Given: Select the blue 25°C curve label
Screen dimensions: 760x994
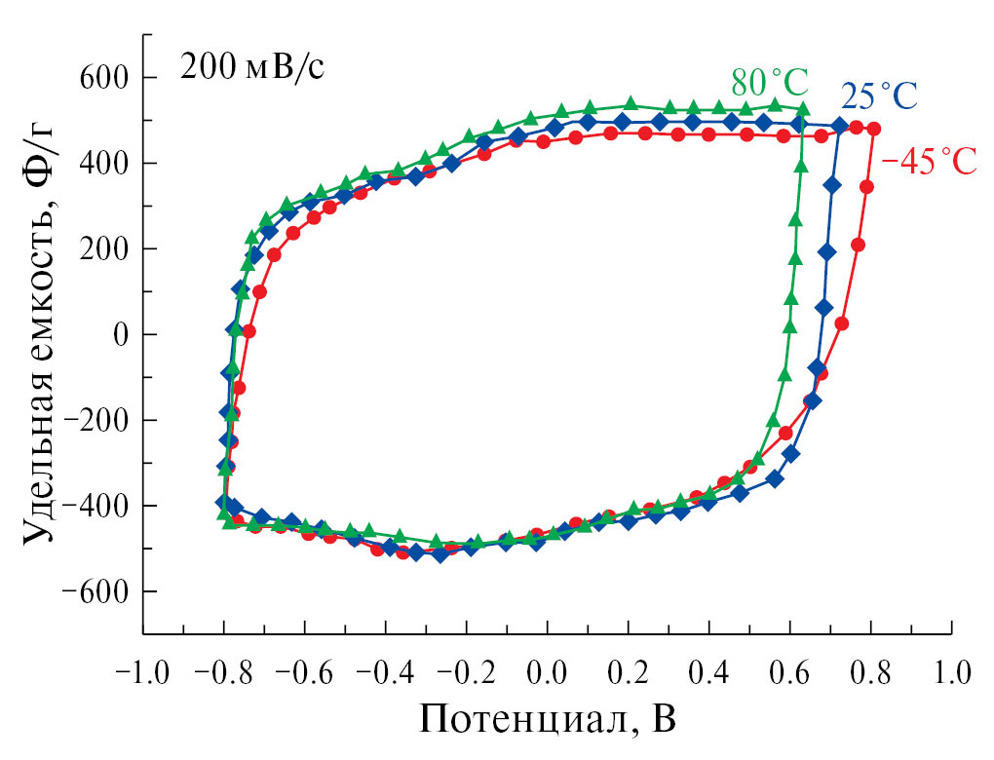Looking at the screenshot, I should [x=880, y=96].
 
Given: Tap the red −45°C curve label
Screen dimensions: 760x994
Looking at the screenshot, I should [x=929, y=162].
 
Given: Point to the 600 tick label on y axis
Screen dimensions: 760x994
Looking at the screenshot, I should [x=107, y=78].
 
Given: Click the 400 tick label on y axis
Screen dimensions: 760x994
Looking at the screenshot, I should [x=107, y=164].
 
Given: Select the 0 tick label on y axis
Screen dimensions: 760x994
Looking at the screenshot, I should [x=121, y=334].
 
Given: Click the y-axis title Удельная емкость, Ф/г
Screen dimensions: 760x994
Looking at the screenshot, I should [x=41, y=334].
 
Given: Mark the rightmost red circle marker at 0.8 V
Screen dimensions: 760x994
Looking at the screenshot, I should [x=874, y=129].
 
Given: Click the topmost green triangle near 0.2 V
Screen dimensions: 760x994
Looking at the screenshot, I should [x=630, y=104].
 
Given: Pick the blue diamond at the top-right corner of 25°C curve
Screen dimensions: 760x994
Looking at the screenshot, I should [x=840, y=126].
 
